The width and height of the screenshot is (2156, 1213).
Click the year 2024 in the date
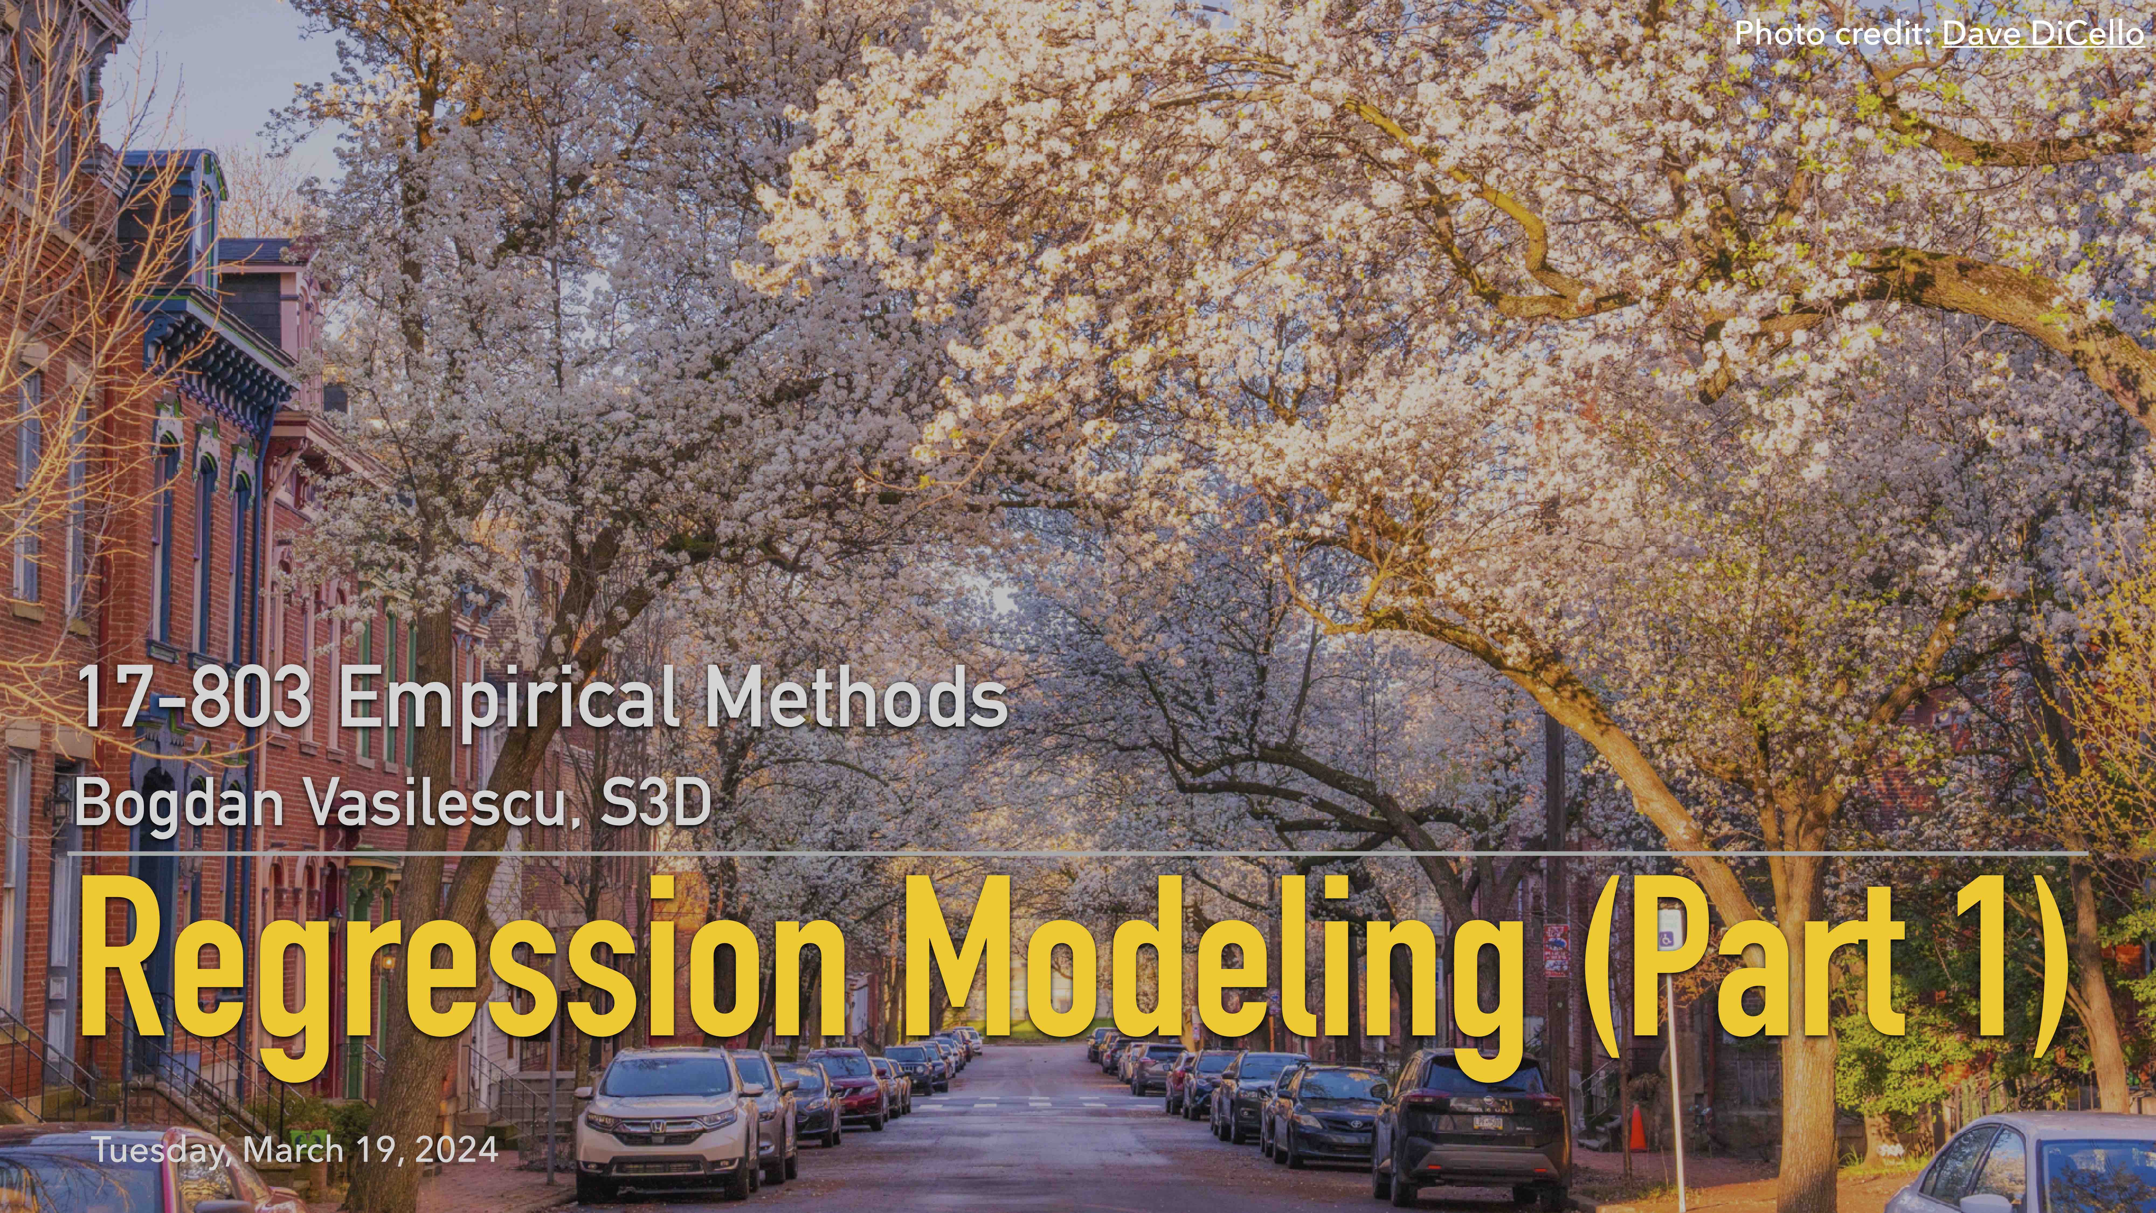click(456, 1149)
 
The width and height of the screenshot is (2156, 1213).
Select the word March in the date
click(293, 1149)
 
